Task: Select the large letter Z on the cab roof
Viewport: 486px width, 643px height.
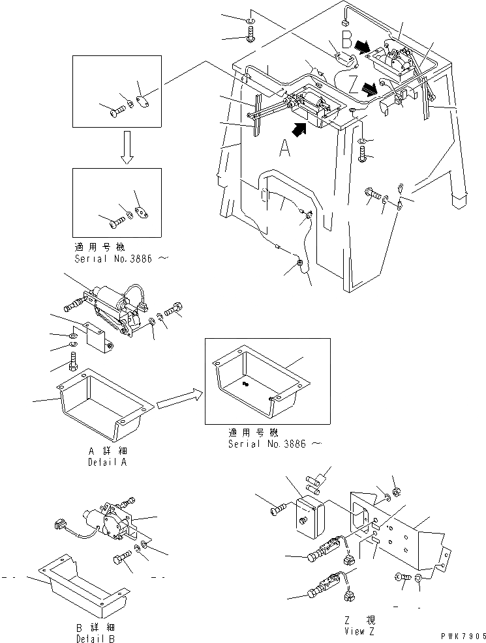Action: point(352,86)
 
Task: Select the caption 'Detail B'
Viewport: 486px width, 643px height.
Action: point(97,636)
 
